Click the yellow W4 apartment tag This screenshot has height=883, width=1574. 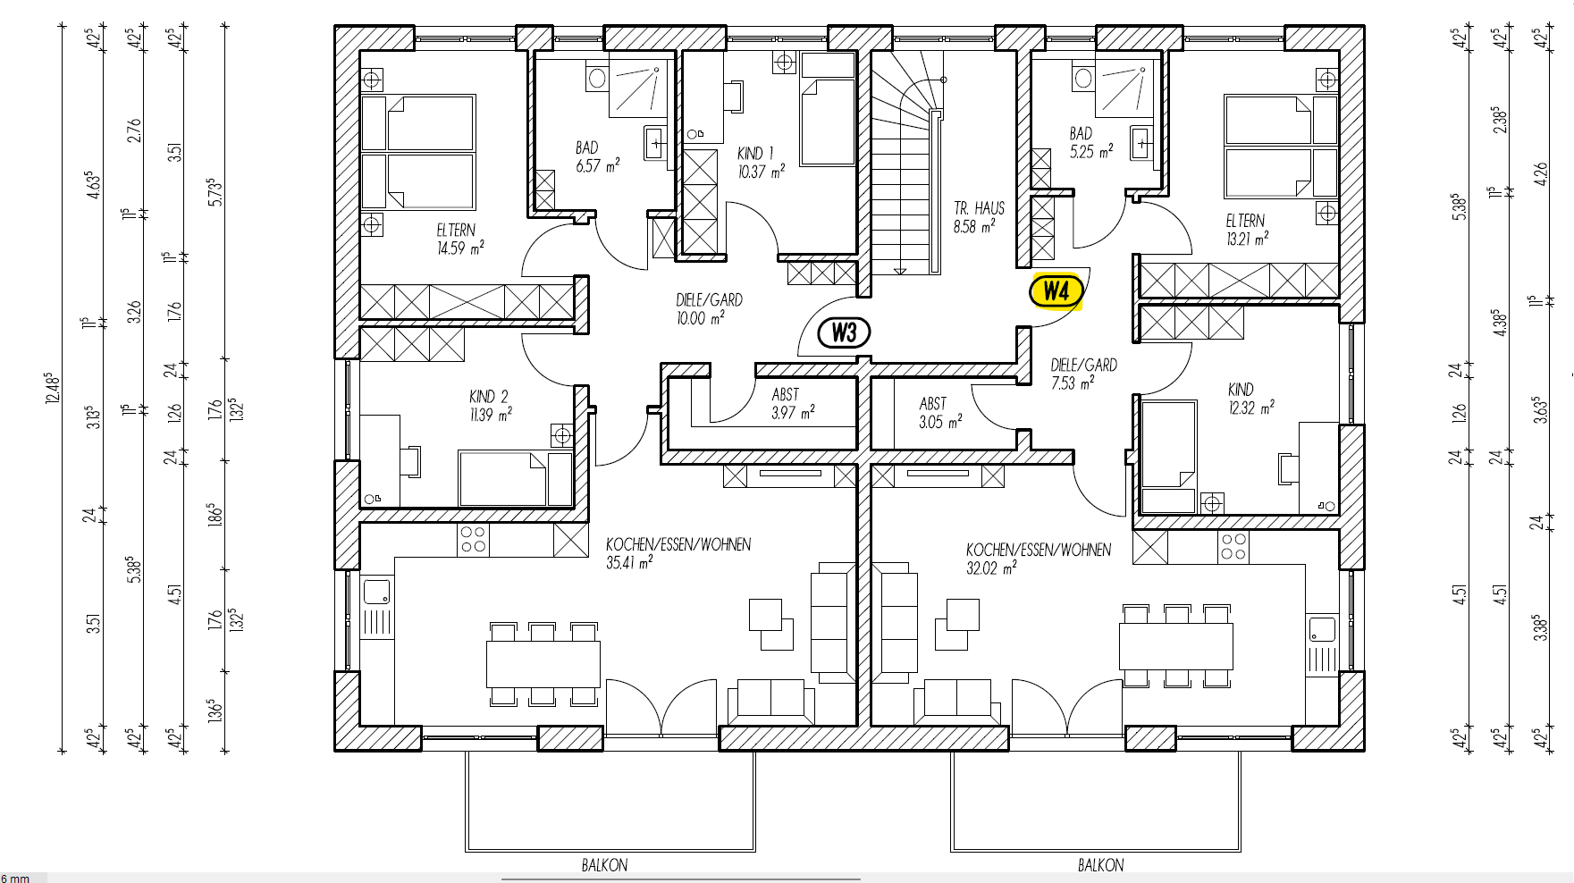[x=1056, y=291]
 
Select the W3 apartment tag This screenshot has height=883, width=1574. [x=844, y=333]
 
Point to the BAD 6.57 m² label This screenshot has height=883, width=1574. [x=597, y=156]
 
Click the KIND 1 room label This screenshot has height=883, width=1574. [x=761, y=163]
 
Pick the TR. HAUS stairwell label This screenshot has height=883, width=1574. [x=979, y=217]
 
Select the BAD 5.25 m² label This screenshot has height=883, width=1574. [x=1091, y=143]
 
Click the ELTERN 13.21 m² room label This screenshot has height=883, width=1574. [x=1247, y=230]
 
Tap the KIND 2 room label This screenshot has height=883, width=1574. [x=491, y=406]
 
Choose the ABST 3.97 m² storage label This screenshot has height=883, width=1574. [x=793, y=404]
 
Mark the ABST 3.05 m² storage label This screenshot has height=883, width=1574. [x=940, y=413]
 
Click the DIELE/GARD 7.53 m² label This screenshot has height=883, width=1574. [x=1083, y=374]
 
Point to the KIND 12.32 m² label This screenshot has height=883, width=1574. [x=1250, y=399]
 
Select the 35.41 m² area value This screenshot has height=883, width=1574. [x=629, y=562]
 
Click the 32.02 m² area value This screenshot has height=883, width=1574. [x=990, y=568]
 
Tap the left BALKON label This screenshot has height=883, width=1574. [x=604, y=865]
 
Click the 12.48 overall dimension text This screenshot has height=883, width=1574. [x=53, y=388]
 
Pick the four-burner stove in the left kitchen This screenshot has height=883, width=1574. [x=473, y=540]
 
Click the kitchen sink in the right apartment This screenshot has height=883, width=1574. [x=1322, y=629]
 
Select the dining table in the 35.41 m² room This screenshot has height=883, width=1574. [x=543, y=664]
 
